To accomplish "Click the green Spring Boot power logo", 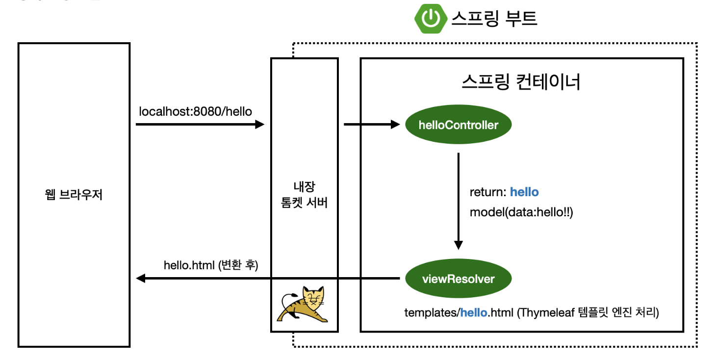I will click(x=430, y=18).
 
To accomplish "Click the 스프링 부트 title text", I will click(x=494, y=18).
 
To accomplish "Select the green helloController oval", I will click(x=458, y=125).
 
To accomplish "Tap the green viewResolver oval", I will click(x=458, y=279).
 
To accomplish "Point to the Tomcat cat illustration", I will click(x=304, y=305).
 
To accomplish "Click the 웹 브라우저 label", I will click(x=74, y=197).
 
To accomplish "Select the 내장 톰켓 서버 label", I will click(x=304, y=195).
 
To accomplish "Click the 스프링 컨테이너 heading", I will click(x=521, y=82).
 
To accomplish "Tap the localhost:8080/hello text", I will click(x=195, y=112).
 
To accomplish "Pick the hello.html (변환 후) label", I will click(x=211, y=265).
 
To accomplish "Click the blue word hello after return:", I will click(x=524, y=192).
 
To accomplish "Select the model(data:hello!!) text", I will click(x=521, y=212).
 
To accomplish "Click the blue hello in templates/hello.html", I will click(x=473, y=312).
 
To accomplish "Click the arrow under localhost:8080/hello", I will click(x=200, y=125).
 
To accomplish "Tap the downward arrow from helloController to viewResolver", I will click(x=458, y=201).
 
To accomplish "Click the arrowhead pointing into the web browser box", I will click(x=141, y=279).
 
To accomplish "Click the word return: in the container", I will click(x=488, y=192).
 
